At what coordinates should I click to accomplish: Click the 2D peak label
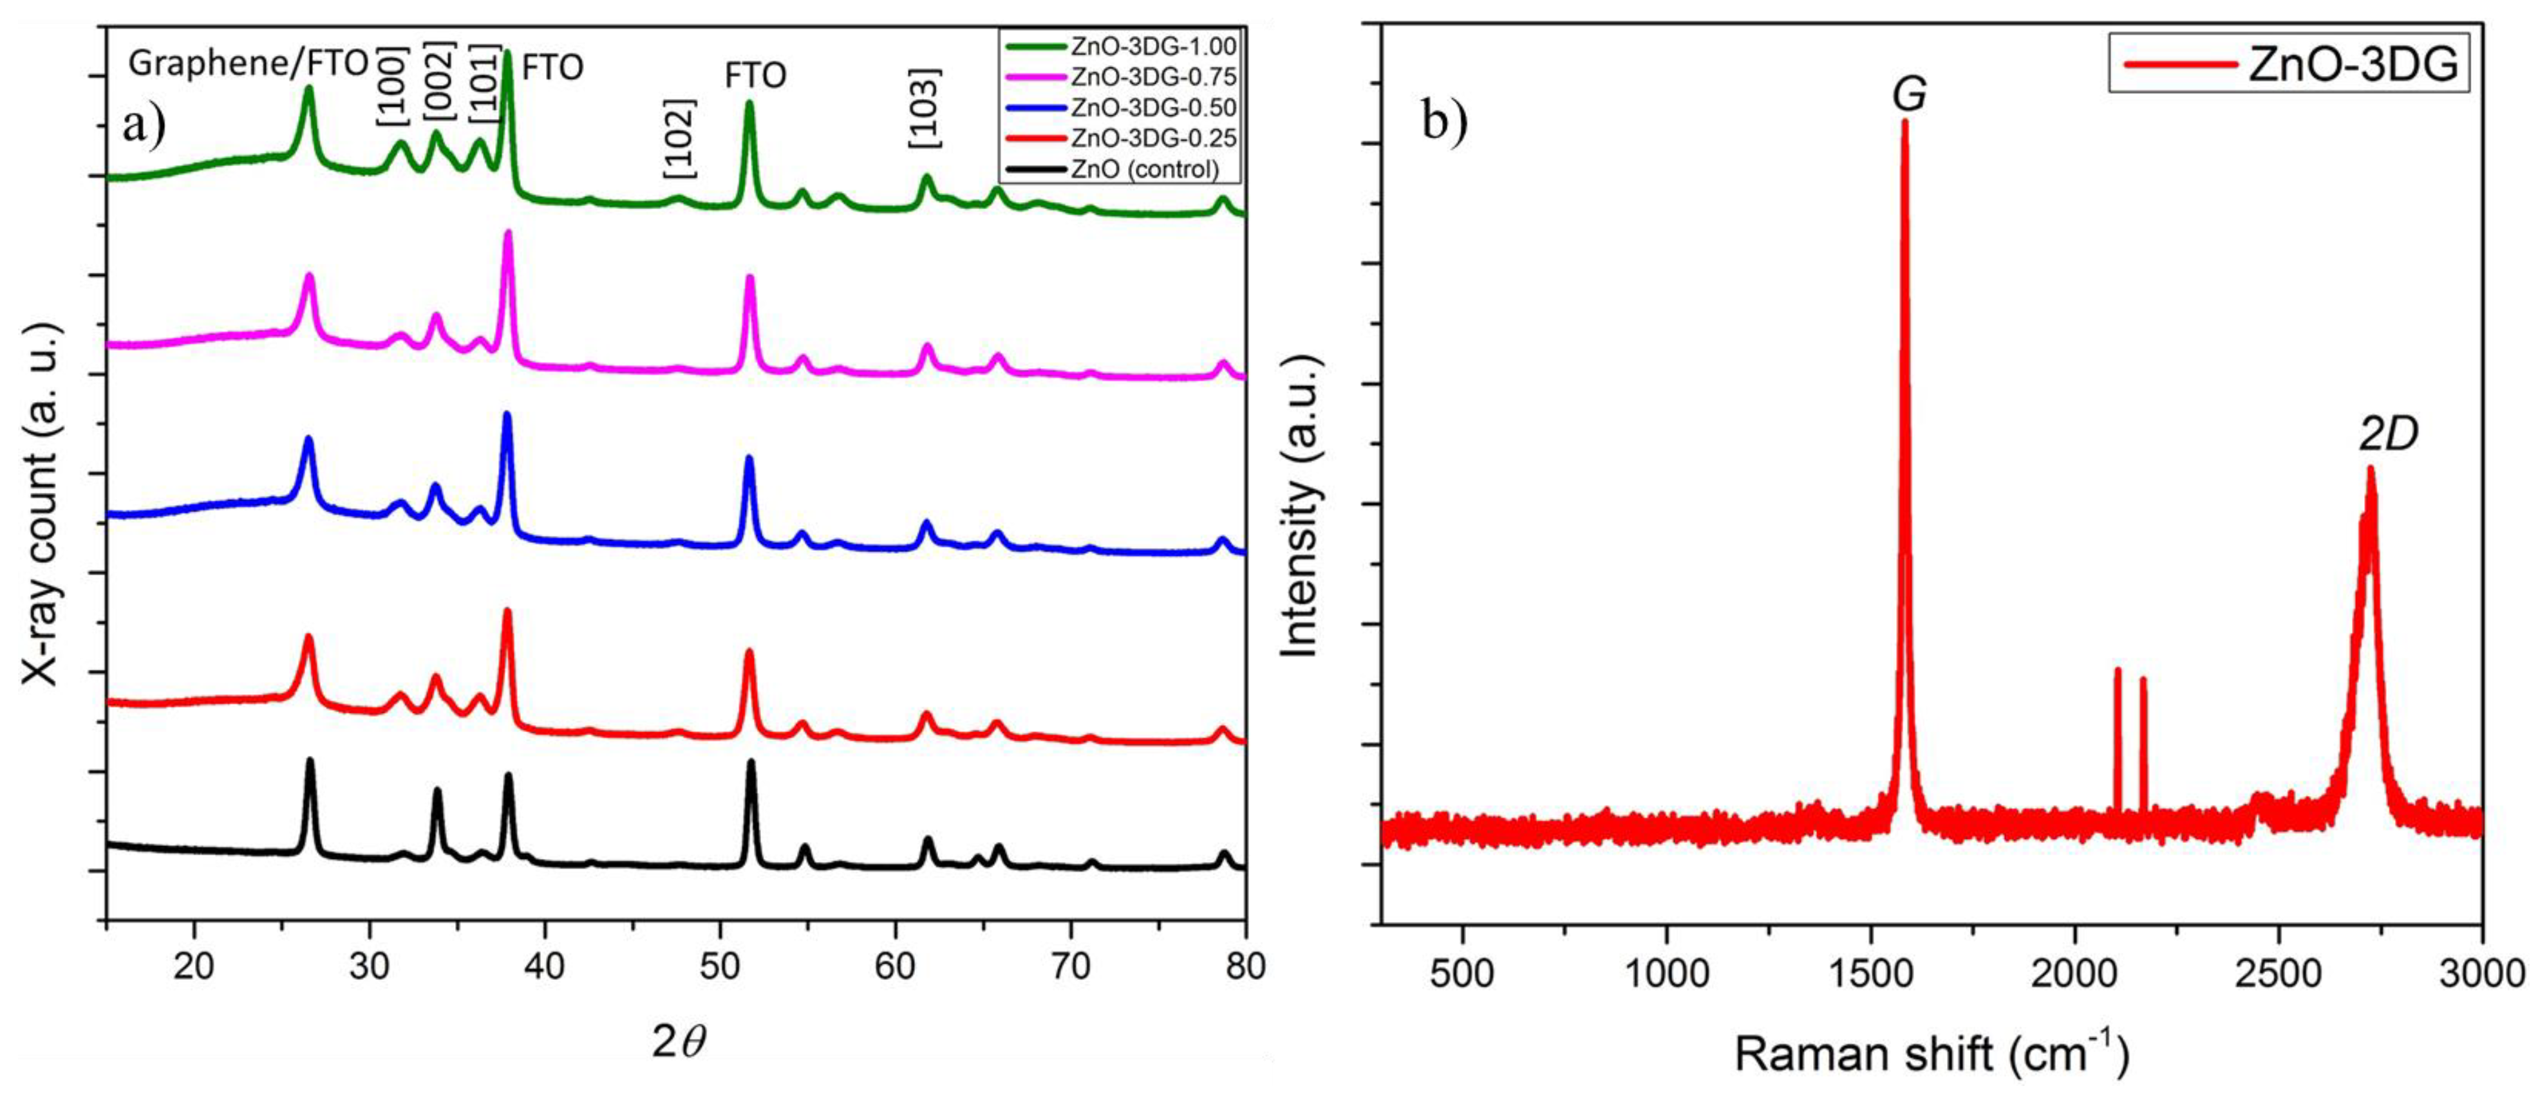tap(2388, 434)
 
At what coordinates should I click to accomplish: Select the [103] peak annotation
tap(924, 108)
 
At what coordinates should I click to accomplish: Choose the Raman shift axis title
tap(1931, 1054)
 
